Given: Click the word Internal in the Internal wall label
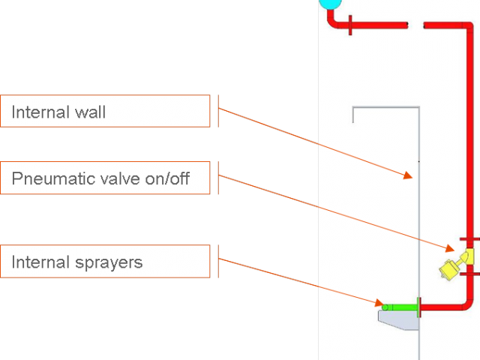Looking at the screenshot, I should [x=37, y=113].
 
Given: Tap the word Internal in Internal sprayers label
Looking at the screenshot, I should [x=37, y=263].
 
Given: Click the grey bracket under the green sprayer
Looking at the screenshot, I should [x=397, y=320].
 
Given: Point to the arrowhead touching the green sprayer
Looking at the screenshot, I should [x=381, y=304].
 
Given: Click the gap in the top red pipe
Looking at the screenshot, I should [x=416, y=25].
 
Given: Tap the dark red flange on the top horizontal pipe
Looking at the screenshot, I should [x=349, y=25].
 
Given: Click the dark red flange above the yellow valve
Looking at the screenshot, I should [x=469, y=241].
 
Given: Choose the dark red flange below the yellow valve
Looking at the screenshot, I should [x=469, y=274].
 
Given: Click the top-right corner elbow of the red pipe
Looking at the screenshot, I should [x=467, y=27].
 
